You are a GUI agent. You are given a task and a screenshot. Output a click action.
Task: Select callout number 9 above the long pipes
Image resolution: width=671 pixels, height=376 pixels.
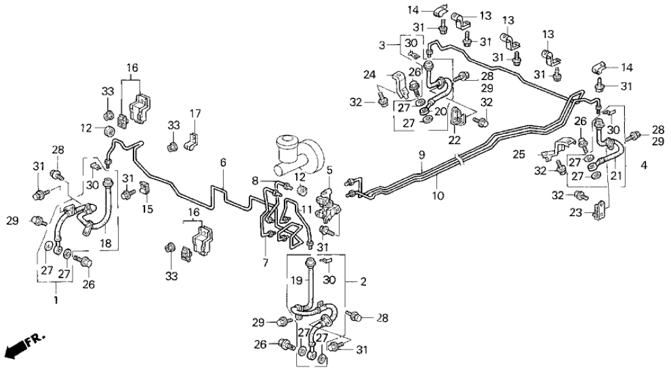tap(421, 156)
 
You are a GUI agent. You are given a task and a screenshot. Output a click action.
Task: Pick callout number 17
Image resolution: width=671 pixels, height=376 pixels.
tap(195, 113)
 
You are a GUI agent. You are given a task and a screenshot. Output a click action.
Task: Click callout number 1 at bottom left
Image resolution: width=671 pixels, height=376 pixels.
tap(55, 297)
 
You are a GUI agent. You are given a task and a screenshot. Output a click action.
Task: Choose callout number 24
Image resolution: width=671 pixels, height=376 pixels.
tap(387, 75)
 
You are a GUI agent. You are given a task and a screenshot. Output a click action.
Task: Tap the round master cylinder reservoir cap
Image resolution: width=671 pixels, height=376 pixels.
tap(287, 145)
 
